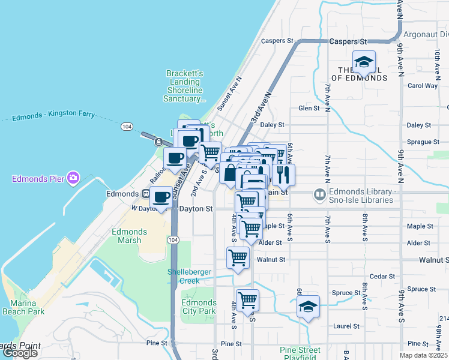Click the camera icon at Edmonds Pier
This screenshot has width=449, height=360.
[73, 178]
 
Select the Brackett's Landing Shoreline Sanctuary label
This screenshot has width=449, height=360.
[185, 86]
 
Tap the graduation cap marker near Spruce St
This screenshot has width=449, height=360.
[308, 306]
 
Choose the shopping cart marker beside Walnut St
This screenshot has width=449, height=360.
[238, 258]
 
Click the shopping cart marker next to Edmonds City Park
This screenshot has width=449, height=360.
[247, 299]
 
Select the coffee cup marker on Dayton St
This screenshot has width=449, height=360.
[161, 197]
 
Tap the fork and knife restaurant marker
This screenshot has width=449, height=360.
[283, 175]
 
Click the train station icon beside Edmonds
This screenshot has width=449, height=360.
[145, 194]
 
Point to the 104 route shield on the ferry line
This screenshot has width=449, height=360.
[126, 127]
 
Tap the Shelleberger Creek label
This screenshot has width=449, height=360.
[190, 276]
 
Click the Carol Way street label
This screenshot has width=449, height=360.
[423, 86]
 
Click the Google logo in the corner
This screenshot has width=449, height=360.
[20, 353]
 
